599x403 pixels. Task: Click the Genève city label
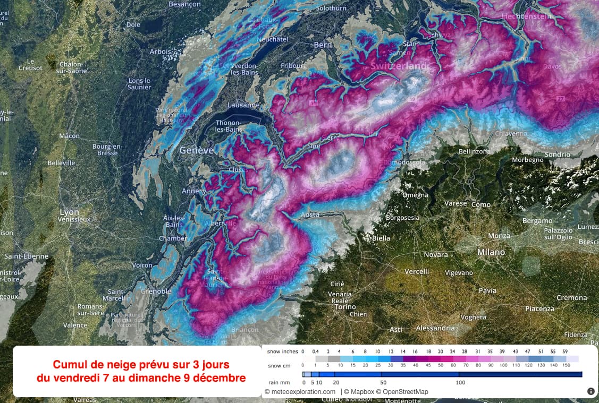(197, 150)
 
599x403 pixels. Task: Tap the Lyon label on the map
(69, 212)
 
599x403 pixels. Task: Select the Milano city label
(491, 252)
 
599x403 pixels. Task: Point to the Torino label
(345, 307)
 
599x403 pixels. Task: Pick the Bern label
(323, 45)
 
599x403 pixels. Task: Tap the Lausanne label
(243, 105)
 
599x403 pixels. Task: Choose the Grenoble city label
(156, 291)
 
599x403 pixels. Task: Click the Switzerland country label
(399, 66)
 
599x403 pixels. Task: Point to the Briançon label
(244, 330)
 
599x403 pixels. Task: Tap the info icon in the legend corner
(590, 391)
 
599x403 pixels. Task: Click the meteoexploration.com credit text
(301, 392)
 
